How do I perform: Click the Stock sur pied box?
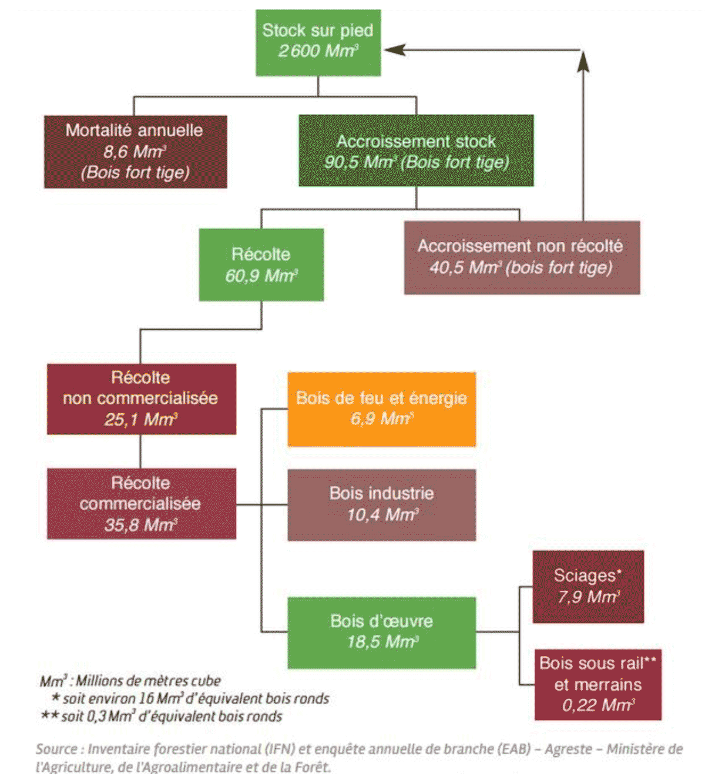point(318,42)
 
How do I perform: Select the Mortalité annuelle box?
point(135,152)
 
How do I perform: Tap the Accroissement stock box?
point(416,150)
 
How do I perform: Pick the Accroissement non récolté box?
point(522,257)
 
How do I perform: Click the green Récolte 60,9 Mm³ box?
point(261,265)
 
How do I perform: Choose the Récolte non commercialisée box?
point(141,399)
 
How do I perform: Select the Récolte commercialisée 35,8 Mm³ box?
point(141,504)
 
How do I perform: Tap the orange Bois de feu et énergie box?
point(381,409)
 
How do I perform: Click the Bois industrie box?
point(381,504)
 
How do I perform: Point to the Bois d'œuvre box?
point(381,633)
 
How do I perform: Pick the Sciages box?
point(588,587)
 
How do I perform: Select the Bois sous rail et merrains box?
point(597,684)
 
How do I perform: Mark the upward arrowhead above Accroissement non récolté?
point(583,62)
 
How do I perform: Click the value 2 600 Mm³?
point(318,51)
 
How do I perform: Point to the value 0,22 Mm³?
point(597,705)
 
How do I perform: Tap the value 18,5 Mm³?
point(382,642)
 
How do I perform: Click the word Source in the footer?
point(56,749)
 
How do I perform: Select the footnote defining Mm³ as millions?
point(130,681)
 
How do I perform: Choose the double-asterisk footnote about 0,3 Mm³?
point(162,717)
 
